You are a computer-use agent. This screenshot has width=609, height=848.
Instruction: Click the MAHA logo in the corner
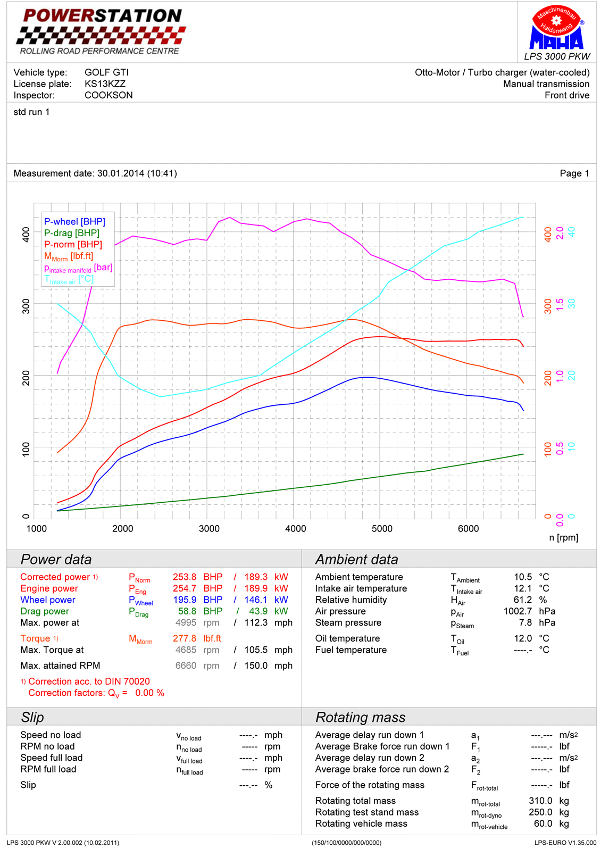tap(556, 29)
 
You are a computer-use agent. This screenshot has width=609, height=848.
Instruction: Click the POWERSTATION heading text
tap(103, 16)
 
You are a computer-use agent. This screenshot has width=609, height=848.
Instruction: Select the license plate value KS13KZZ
tap(105, 84)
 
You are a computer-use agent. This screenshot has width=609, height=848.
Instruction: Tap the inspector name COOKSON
tap(109, 95)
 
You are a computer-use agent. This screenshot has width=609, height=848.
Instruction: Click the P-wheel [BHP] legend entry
tap(74, 222)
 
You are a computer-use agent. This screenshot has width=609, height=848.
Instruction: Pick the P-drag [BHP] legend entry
tap(72, 233)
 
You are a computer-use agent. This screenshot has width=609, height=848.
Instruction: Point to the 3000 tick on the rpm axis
tap(209, 528)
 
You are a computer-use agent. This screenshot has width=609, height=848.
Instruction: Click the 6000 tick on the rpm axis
tap(468, 528)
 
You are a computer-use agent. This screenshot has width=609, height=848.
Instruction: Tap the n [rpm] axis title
tap(563, 537)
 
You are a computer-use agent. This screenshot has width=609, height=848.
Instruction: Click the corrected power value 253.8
tap(185, 577)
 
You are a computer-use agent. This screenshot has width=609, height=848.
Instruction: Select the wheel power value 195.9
tap(185, 600)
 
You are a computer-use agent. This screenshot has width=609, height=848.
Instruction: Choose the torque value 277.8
tap(185, 638)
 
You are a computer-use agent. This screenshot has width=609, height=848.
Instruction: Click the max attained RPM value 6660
tap(186, 666)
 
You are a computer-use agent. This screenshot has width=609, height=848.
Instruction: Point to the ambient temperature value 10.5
tap(523, 577)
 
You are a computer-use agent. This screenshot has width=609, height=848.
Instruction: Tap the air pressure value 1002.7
tap(518, 611)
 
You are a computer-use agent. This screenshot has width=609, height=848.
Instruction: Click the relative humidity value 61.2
tap(523, 600)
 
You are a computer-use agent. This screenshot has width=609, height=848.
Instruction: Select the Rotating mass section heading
tap(360, 717)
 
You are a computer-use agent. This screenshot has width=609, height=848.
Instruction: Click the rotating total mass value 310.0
tap(540, 801)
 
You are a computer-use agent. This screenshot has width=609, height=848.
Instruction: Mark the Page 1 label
tap(574, 173)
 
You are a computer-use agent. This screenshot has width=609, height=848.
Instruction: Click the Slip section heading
tap(32, 717)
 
